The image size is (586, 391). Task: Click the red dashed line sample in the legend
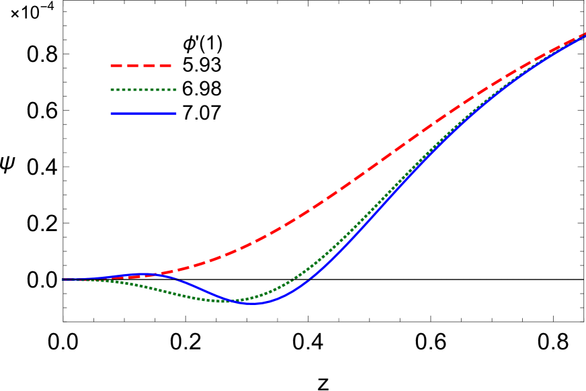click(141, 66)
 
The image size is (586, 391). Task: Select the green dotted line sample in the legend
click(143, 89)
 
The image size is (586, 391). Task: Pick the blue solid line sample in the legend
click(143, 114)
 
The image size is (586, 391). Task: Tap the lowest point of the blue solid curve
click(253, 304)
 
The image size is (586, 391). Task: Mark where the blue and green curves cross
click(234, 301)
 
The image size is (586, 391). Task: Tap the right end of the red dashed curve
click(585, 33)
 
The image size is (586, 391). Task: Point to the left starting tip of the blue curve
click(63, 279)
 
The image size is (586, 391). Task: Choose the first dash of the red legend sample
click(116, 66)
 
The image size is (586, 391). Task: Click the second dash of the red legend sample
click(132, 66)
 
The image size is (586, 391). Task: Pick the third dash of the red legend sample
click(149, 66)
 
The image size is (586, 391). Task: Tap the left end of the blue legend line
click(112, 114)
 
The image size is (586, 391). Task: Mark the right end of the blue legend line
click(175, 114)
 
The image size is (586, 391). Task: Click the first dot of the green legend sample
click(112, 89)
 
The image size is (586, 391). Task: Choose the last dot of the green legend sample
click(175, 89)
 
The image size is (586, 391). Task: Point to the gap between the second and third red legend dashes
click(140, 66)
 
